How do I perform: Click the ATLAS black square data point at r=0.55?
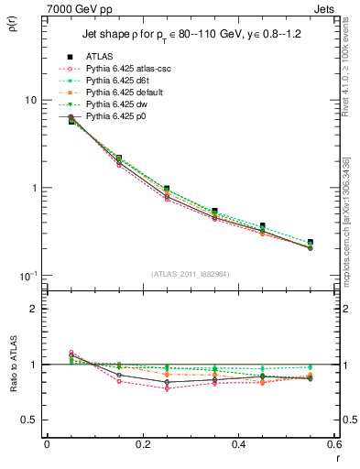(310, 243)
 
